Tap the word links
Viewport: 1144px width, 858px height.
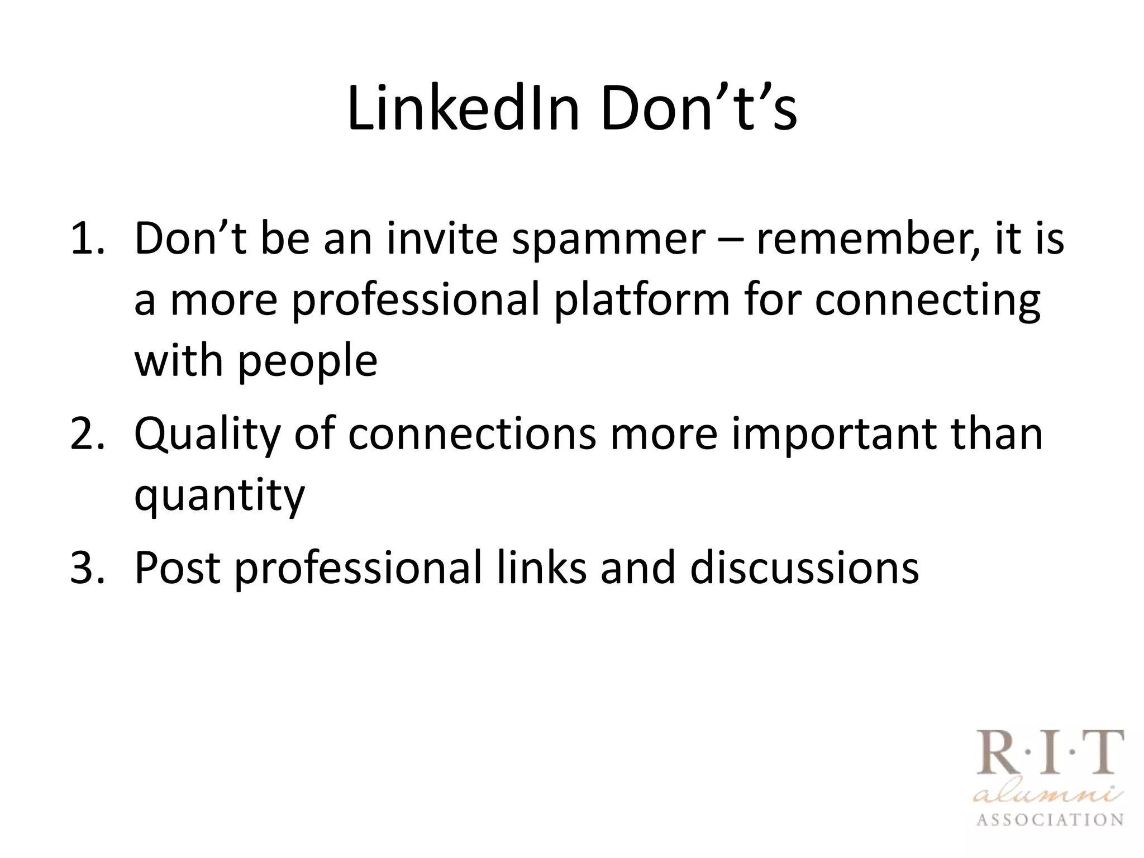pyautogui.click(x=542, y=568)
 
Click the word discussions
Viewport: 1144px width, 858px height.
pyautogui.click(x=804, y=568)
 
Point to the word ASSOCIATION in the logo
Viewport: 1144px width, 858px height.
pyautogui.click(x=1050, y=820)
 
